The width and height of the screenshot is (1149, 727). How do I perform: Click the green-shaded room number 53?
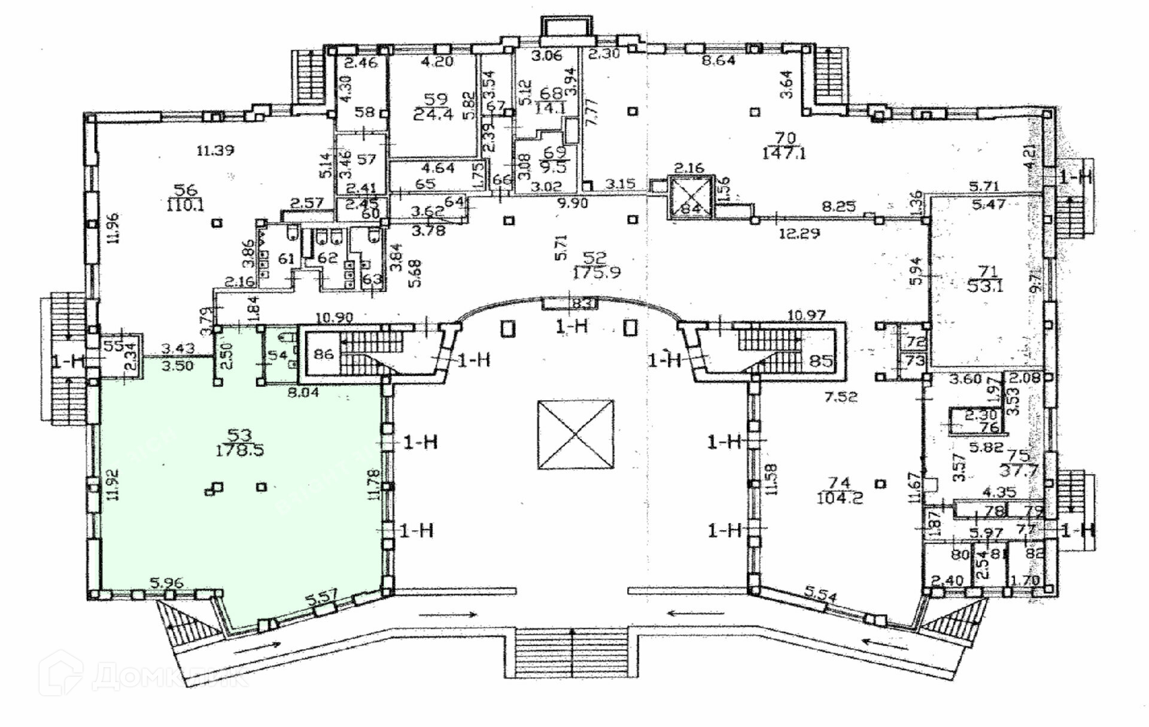point(239,435)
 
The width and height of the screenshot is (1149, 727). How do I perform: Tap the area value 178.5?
point(239,450)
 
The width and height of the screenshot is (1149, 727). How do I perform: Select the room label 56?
point(186,190)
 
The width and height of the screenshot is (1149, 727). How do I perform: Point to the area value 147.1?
point(784,153)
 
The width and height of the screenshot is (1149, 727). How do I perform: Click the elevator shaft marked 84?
point(691,197)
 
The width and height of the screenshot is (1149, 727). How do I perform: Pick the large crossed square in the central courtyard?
point(576,435)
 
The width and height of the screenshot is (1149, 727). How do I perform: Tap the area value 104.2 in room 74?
point(841,497)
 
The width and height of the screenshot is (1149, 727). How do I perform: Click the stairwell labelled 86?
point(324,354)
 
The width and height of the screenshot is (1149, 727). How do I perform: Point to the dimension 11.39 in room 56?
point(215,150)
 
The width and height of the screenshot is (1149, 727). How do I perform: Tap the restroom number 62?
point(327,258)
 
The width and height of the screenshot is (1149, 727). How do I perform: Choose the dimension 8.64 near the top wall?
point(718,60)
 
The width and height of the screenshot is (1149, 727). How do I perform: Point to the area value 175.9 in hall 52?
point(596,273)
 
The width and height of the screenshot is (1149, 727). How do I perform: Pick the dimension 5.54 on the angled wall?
point(821,595)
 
